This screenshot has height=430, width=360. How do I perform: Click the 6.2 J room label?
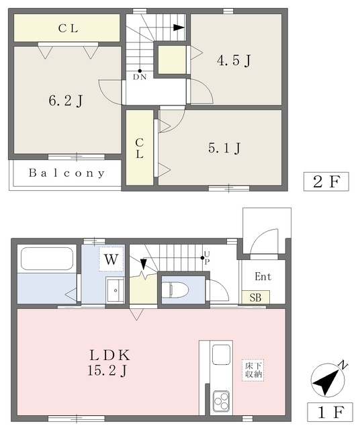pyautogui.click(x=66, y=101)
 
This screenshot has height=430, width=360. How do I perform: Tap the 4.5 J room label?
pyautogui.click(x=234, y=60)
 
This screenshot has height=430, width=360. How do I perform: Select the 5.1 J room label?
pyautogui.click(x=224, y=148)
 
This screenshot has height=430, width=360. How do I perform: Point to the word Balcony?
pyautogui.click(x=66, y=173)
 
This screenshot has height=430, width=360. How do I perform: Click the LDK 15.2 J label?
pyautogui.click(x=109, y=363)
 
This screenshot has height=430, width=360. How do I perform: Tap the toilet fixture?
pyautogui.click(x=175, y=290)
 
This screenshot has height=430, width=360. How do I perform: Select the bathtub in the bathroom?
pyautogui.click(x=47, y=259)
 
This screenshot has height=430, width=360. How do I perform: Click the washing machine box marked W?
pyautogui.click(x=111, y=259)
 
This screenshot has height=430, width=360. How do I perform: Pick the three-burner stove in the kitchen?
pyautogui.click(x=221, y=401)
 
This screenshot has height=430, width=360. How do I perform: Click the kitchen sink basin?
pyautogui.click(x=221, y=355)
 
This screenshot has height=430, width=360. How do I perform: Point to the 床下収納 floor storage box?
pyautogui.click(x=253, y=370)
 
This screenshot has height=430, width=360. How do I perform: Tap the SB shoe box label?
pyautogui.click(x=255, y=297)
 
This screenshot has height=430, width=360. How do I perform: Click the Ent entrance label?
pyautogui.click(x=263, y=276)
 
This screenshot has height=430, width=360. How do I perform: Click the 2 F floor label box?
pyautogui.click(x=326, y=181)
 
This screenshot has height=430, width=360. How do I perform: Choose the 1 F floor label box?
pyautogui.click(x=330, y=412)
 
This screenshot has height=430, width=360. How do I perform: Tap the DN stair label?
pyautogui.click(x=140, y=77)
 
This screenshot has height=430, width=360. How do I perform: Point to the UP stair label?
pyautogui.click(x=207, y=258)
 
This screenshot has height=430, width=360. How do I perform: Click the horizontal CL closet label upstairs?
pyautogui.click(x=68, y=28)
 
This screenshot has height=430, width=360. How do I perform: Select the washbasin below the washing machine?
pyautogui.click(x=115, y=290)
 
